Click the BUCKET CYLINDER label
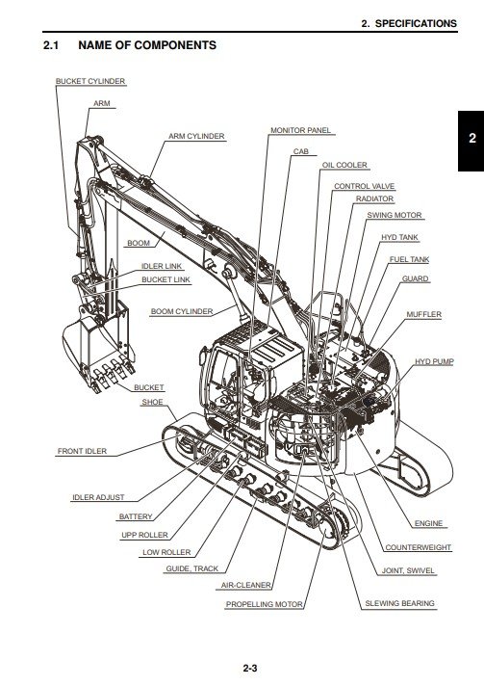(x=90, y=81)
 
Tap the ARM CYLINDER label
(x=196, y=137)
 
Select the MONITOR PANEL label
(x=301, y=130)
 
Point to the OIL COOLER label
(x=344, y=165)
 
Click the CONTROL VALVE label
(x=365, y=186)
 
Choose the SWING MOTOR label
(x=395, y=215)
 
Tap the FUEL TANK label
(x=409, y=259)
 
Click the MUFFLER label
(x=423, y=314)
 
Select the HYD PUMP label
(x=434, y=362)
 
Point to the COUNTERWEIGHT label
(x=418, y=548)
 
